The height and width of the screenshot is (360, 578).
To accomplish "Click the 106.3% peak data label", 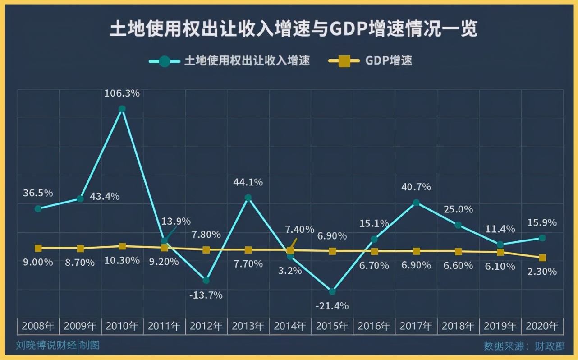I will click(122, 93).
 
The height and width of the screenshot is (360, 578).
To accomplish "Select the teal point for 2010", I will click(122, 109).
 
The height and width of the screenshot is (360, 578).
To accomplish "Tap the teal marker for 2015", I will click(332, 291).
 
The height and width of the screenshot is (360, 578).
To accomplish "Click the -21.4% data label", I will click(332, 306).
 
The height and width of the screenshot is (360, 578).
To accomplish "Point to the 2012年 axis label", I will click(206, 326).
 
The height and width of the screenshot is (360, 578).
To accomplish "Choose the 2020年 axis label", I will click(542, 326).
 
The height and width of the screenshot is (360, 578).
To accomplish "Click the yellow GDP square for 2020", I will click(542, 258).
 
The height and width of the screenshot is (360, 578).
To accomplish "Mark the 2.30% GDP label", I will click(542, 272).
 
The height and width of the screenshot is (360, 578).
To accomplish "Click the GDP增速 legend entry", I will click(388, 61).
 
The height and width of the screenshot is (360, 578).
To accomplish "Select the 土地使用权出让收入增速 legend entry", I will click(247, 61).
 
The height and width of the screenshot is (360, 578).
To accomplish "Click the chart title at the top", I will click(294, 30).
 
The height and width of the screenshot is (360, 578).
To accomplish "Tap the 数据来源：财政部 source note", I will click(524, 346).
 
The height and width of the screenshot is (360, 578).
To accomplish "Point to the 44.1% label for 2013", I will click(248, 183).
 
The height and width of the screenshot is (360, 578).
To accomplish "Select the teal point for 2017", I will click(416, 203).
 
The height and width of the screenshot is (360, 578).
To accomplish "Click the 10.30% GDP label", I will click(122, 261).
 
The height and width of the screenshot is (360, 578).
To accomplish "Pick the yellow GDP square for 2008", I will click(38, 248).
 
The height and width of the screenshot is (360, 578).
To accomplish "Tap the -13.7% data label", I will click(206, 295).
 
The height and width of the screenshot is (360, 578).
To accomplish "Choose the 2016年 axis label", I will click(374, 326).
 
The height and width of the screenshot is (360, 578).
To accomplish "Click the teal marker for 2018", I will click(458, 225).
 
